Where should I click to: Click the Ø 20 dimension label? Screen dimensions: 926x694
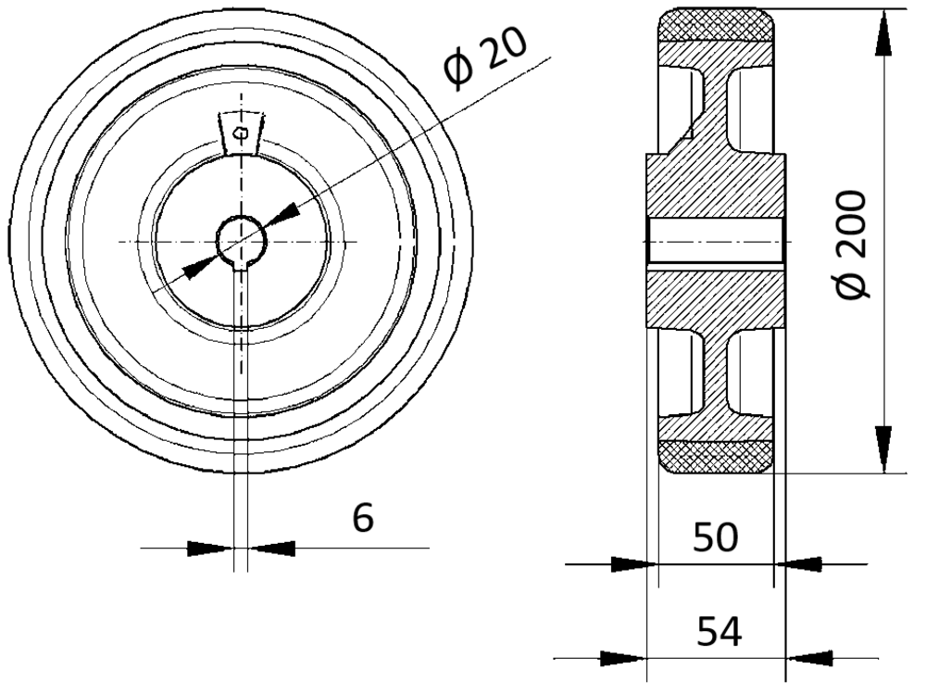pyautogui.click(x=485, y=60)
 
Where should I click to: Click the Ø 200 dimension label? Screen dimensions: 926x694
pyautogui.click(x=853, y=245)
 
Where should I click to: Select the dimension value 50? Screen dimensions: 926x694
pyautogui.click(x=715, y=537)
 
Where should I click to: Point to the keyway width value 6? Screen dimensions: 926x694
pyautogui.click(x=363, y=518)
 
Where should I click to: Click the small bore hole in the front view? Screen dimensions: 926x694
pyautogui.click(x=242, y=241)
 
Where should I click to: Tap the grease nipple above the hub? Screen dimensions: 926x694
pyautogui.click(x=241, y=132)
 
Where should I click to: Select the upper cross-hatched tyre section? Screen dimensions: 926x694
pyautogui.click(x=716, y=25)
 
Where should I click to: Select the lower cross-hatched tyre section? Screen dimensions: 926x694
pyautogui.click(x=716, y=457)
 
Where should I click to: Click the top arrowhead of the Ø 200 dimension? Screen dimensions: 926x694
pyautogui.click(x=883, y=33)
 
